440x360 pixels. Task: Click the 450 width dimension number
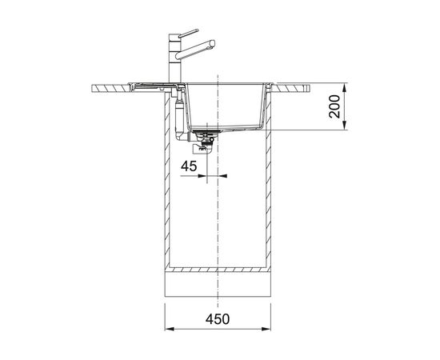coord(218,319)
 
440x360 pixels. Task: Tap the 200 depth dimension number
coord(334,106)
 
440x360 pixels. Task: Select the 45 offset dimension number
coord(189,166)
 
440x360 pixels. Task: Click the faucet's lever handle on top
coord(188,33)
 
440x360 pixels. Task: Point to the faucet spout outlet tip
coord(213,43)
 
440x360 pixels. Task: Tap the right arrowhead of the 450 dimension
coord(266,329)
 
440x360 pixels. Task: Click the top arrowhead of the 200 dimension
coord(345,87)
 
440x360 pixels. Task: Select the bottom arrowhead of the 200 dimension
coord(345,125)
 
